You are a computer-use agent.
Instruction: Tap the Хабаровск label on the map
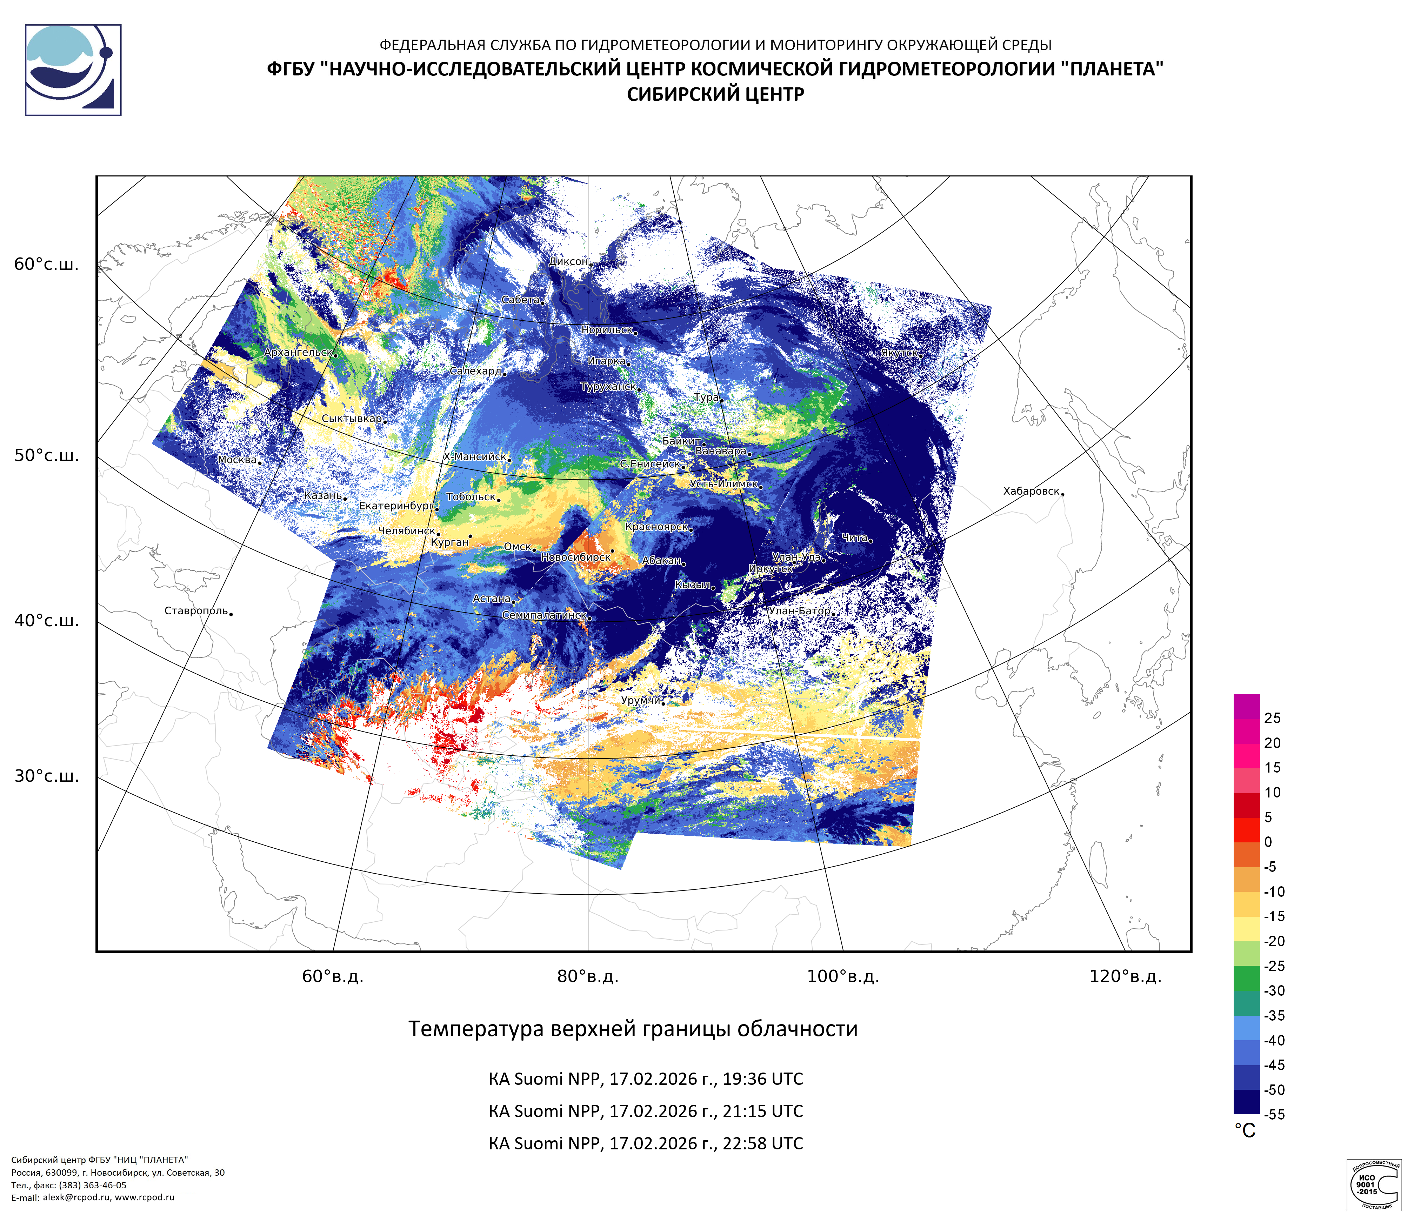click(1031, 491)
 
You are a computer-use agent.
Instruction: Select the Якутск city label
click(899, 353)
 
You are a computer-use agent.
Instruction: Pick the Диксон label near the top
click(568, 261)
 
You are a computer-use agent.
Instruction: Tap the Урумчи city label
click(640, 700)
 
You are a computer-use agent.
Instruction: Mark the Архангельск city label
click(298, 353)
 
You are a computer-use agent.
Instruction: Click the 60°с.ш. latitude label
click(46, 264)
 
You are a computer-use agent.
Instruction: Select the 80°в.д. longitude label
click(588, 976)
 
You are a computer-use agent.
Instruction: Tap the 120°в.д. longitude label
click(1125, 976)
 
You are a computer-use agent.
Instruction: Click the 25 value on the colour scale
click(1272, 718)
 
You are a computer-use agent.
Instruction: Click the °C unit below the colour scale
click(1245, 1131)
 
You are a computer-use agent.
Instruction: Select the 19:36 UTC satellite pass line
click(646, 1079)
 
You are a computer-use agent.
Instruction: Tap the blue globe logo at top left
click(73, 70)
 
